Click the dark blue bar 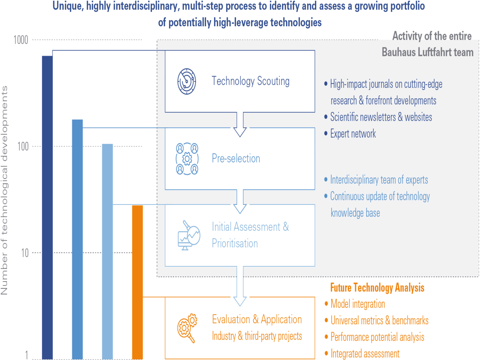[47, 206]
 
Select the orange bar [138, 281]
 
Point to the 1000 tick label [21, 40]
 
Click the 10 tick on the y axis [25, 253]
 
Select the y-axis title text [4, 190]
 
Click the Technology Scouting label [250, 81]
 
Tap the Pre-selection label [236, 158]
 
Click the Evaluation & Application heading [257, 319]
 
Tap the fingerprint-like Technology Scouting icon [187, 81]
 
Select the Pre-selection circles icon [187, 159]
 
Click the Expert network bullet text [353, 134]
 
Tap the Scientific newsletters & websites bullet [381, 117]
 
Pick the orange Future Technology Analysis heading [377, 288]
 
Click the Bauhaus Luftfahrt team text [427, 52]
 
